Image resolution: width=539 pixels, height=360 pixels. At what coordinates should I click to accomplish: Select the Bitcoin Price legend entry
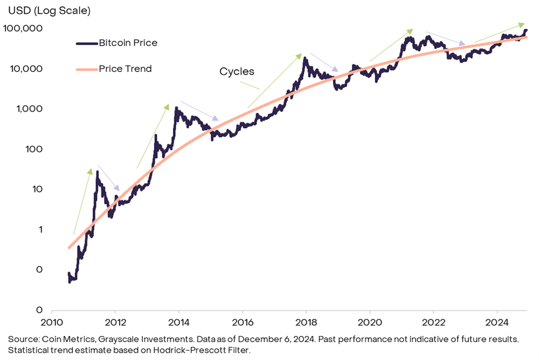pos(128,43)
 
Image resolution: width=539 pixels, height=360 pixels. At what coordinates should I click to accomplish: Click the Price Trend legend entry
pos(125,69)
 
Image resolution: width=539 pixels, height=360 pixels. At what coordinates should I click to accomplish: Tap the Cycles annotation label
pos(237,71)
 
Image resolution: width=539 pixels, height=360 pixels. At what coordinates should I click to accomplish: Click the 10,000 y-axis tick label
pos(26,69)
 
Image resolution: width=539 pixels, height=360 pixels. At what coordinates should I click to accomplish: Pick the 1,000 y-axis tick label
pos(29,109)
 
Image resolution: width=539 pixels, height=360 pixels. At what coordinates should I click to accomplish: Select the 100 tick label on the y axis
pos(33,149)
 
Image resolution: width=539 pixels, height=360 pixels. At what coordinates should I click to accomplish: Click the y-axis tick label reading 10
pos(37,189)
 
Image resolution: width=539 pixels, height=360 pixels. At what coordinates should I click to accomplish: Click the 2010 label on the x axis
pos(51,322)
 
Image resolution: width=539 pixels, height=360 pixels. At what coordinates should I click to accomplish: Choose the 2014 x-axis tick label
pos(179,322)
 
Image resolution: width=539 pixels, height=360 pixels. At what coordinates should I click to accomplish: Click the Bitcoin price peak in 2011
pos(97,172)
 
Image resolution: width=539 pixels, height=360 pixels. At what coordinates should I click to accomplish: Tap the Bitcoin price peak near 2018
pos(304,57)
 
